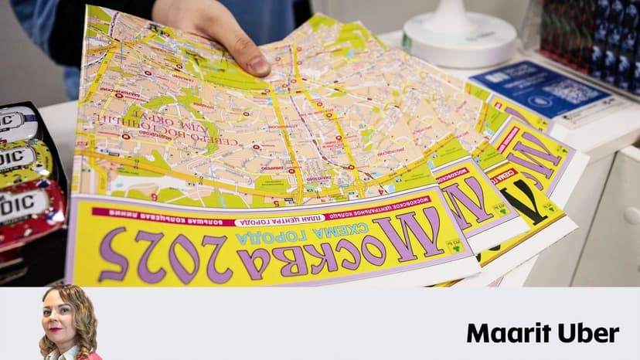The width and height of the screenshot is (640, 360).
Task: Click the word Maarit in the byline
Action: click(x=502, y=333)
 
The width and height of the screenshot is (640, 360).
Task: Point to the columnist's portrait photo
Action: click(x=69, y=323)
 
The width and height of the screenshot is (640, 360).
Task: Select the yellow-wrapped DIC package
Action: click(x=27, y=162)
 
